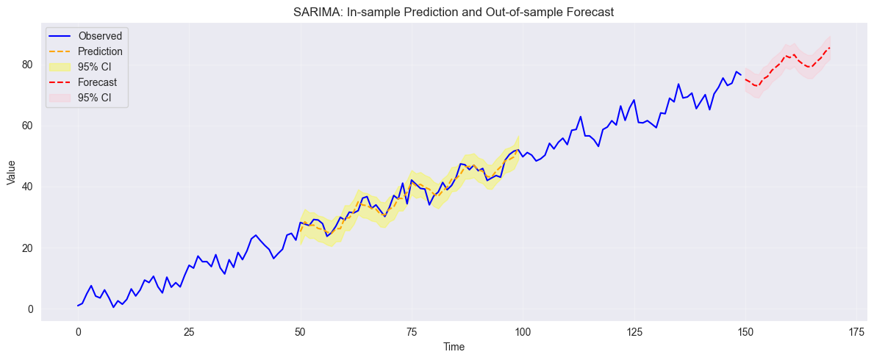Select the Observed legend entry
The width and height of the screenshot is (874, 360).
coord(100,35)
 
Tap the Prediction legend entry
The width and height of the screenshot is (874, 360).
coord(100,51)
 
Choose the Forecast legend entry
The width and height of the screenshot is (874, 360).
coord(98,83)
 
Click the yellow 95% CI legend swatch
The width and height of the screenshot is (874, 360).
coord(60,68)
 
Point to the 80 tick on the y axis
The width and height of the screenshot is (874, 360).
coord(30,64)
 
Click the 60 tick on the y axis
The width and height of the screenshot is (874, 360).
coord(30,126)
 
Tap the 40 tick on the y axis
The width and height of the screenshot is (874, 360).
coord(30,187)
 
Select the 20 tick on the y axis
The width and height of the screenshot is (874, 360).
coord(30,248)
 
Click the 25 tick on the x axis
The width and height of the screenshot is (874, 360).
coord(189,332)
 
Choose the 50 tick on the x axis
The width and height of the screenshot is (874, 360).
coord(301,332)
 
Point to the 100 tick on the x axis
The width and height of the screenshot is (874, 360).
coord(523,332)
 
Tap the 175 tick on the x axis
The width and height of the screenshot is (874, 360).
coord(856,332)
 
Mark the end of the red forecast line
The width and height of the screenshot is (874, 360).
coord(830,48)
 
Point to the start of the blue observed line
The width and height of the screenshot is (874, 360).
coord(78,306)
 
